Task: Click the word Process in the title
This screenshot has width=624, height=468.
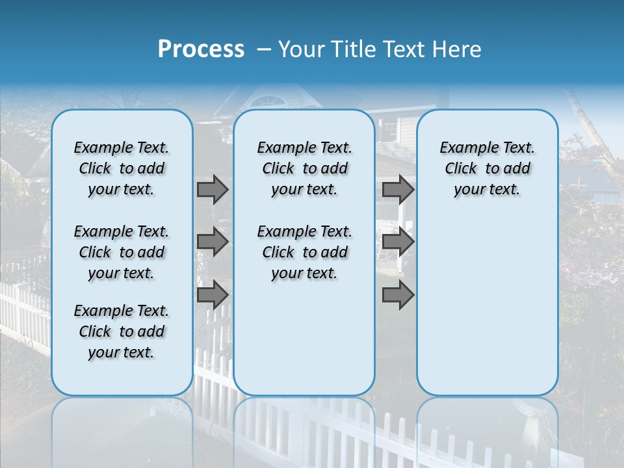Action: (201, 49)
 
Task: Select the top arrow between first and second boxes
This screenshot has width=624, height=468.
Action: (213, 189)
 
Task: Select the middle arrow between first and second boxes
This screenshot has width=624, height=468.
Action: (213, 242)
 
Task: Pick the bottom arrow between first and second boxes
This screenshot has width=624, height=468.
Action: (213, 294)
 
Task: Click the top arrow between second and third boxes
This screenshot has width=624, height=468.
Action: (398, 189)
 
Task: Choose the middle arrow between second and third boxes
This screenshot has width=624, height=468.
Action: (398, 242)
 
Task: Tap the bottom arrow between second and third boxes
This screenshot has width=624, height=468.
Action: (398, 294)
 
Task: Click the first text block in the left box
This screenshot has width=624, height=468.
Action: (122, 168)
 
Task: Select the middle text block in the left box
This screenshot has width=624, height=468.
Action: (122, 252)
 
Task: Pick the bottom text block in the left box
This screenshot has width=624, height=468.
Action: (122, 331)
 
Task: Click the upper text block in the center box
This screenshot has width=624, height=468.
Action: (304, 168)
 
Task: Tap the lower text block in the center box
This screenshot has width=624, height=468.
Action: (304, 252)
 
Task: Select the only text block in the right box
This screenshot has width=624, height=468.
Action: (487, 168)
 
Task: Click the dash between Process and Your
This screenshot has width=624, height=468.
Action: (264, 50)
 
